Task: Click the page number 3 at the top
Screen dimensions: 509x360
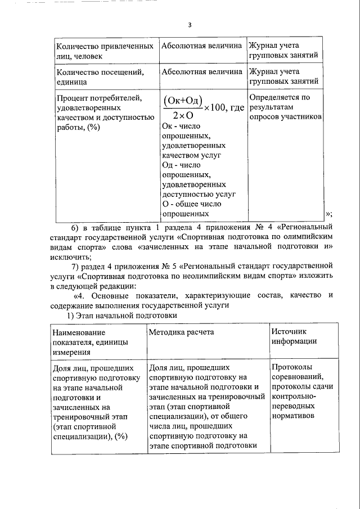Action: (190, 25)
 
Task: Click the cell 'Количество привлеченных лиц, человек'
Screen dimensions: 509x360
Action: (104, 50)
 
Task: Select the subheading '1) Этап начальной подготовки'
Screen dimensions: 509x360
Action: (123, 316)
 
